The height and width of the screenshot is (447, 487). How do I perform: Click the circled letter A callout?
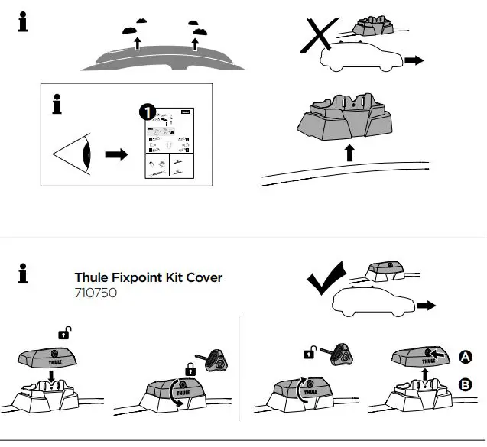464,355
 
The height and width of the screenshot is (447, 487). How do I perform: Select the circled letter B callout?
464,385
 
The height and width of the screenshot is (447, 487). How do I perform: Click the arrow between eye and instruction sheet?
116,154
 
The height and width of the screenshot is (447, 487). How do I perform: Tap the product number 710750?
96,293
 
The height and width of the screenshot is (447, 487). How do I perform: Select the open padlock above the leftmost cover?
64,333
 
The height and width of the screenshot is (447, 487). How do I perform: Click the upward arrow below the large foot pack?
349,153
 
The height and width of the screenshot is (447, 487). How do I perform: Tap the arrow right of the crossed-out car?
414,60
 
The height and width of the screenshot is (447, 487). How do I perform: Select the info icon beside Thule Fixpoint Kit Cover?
23,274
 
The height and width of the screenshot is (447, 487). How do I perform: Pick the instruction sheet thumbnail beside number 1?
167,146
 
